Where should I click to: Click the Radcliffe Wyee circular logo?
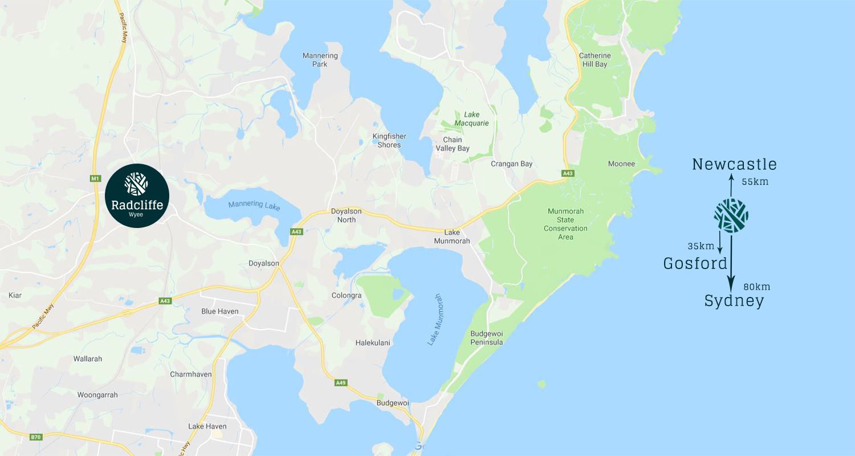pos(137,196)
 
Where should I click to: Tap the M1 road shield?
pos(95,179)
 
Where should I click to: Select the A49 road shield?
pos(340,382)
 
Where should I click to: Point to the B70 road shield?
pos(36,437)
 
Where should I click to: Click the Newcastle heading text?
pos(734,165)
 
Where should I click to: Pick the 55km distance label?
pos(755,182)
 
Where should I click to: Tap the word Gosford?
pos(695,263)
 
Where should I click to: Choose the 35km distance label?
pos(701,246)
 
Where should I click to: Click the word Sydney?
pos(734,301)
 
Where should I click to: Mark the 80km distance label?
pos(757,287)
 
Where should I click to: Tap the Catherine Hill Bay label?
pos(595,60)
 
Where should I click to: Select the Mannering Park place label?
pos(320,60)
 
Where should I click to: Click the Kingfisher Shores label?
pos(386,140)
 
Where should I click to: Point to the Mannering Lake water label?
pos(254,205)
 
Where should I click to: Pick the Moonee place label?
pos(621,164)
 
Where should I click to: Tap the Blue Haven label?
pos(220,311)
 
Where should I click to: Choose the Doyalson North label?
pos(343,215)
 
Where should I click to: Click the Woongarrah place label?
pos(97,394)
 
